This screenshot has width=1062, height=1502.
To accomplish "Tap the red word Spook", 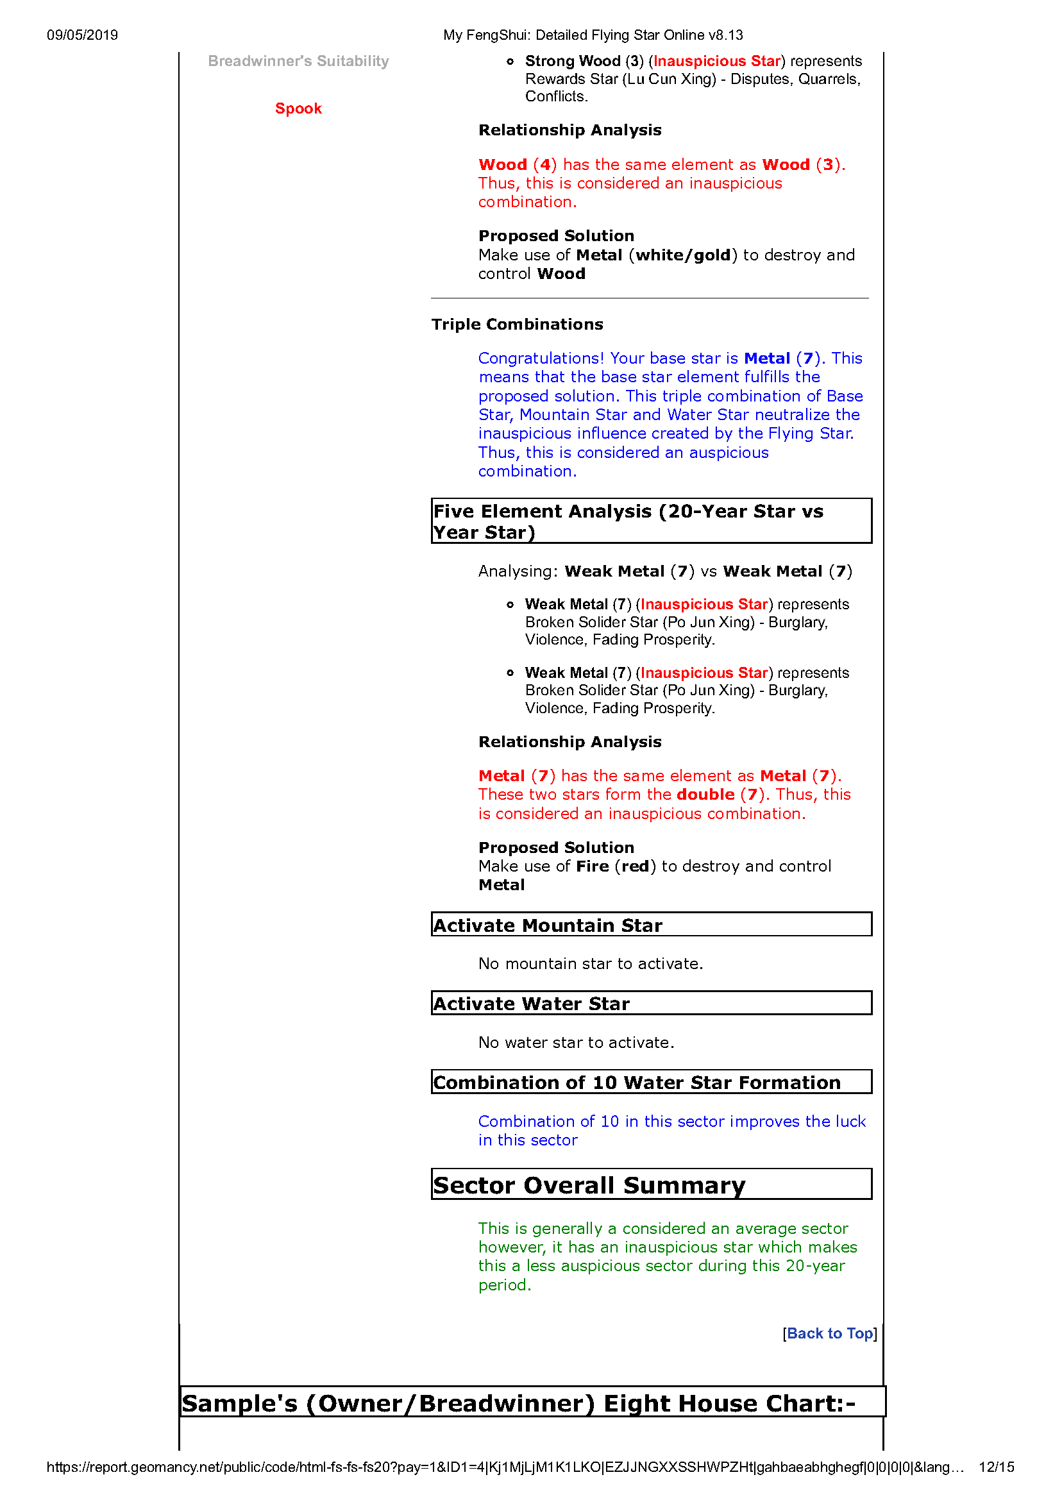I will (298, 108).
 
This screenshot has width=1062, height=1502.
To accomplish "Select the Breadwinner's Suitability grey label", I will (298, 61).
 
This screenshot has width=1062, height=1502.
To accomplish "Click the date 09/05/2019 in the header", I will (83, 35).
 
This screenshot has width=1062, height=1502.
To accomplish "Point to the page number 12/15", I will (996, 1467).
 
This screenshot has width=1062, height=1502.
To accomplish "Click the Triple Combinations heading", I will (517, 325).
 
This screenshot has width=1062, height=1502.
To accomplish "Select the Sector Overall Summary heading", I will (589, 1185).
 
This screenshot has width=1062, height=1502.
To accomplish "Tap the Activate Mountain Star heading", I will (548, 925).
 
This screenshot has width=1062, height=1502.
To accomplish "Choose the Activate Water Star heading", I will (532, 1004).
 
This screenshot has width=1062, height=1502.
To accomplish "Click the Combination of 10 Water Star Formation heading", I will (637, 1083).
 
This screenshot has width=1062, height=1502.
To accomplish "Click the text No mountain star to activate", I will (590, 964).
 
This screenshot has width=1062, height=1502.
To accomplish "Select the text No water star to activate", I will (576, 1042).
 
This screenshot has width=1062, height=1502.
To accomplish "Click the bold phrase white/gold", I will (683, 255).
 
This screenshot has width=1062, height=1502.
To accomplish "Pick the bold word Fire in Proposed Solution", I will (592, 866).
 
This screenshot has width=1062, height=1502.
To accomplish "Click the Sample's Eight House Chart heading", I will (518, 1403).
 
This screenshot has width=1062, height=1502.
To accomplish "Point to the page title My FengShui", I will (593, 35).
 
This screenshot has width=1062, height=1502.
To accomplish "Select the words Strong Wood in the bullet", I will (573, 61).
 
